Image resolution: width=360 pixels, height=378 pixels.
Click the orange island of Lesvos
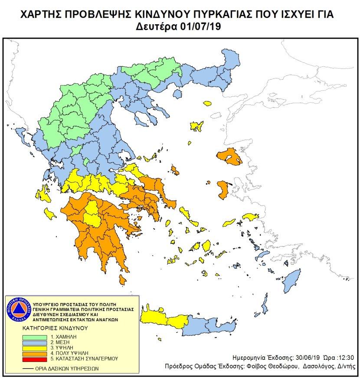[229, 156]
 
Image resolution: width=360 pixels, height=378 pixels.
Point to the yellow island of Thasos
[207, 103]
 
